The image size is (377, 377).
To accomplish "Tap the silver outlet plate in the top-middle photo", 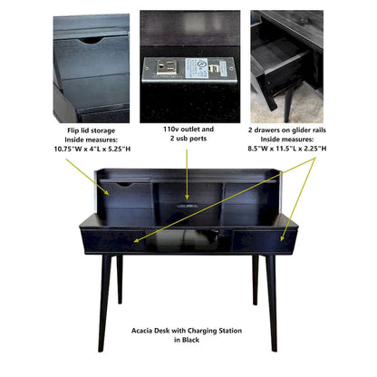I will tap(188, 69).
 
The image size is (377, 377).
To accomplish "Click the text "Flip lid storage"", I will tap(91, 131).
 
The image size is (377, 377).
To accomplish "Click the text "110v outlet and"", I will tap(188, 130).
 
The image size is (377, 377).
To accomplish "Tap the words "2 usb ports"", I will tap(188, 140).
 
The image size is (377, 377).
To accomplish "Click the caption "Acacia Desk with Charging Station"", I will tap(188, 332).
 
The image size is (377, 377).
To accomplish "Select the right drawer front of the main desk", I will tap(260, 241).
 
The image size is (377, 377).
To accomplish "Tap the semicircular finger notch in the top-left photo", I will tap(90, 41).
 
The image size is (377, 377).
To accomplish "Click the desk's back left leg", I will tap(120, 276).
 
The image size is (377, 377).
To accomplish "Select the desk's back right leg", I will tap(256, 276).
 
